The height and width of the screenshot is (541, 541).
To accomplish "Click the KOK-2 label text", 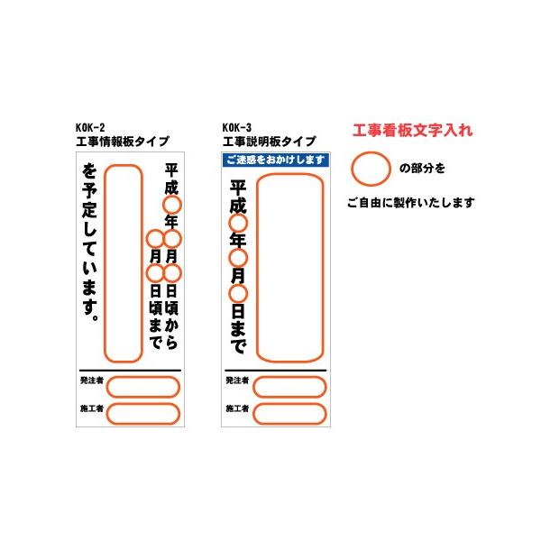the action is (91, 129).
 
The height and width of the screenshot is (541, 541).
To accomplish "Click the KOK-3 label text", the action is (237, 129).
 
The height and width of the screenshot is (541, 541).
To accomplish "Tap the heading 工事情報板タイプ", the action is (124, 142).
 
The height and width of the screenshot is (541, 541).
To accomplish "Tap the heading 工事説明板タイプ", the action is (270, 142).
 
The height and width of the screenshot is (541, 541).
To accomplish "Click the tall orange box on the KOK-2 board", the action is (124, 263).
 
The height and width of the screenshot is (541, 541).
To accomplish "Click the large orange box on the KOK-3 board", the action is (291, 268).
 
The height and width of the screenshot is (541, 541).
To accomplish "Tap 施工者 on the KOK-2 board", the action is (92, 410).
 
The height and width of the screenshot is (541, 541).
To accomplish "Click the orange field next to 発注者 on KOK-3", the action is (289, 387).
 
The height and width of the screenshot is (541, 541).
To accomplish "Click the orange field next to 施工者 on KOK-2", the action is (143, 413).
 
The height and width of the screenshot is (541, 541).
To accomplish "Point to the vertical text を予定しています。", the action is (89, 243).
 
